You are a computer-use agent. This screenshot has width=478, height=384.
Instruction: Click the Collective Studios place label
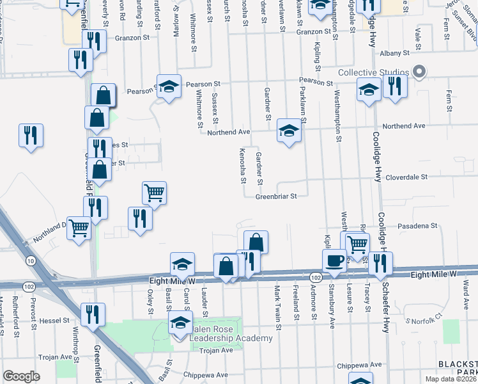pos(373,72)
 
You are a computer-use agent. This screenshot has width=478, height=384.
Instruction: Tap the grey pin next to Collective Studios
pos(419,72)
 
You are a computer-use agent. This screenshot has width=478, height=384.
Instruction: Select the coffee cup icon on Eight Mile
pos(335,260)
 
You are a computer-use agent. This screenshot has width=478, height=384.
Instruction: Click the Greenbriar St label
pos(277,197)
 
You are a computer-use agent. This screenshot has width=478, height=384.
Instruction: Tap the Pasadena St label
pos(415,226)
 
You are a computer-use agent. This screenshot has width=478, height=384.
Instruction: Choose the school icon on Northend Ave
pos(289,132)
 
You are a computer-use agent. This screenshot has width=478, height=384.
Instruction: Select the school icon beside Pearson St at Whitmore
pos(169,87)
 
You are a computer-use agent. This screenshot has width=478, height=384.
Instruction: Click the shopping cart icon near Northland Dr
pos(79,227)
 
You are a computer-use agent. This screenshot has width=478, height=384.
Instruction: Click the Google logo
pos(21,376)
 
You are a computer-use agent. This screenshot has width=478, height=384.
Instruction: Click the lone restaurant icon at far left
pos(31,135)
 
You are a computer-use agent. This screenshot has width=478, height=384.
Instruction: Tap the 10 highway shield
pos(30,260)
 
